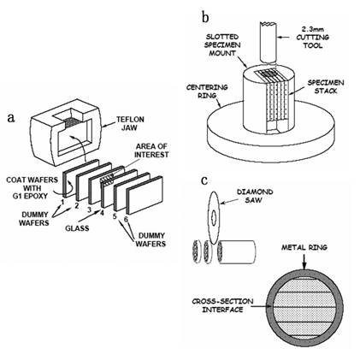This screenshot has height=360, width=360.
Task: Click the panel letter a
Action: (x=11, y=117)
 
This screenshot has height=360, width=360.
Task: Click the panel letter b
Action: (x=205, y=17)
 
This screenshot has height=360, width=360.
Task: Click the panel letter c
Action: (x=204, y=180)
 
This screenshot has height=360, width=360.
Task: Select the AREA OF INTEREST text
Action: (x=151, y=150)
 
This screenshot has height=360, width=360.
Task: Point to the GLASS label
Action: (x=77, y=228)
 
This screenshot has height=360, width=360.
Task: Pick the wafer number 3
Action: (x=89, y=210)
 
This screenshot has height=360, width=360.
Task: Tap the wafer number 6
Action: (x=127, y=220)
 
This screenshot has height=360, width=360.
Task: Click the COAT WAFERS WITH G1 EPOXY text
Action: (x=32, y=188)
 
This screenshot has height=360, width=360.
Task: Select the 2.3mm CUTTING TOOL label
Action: (x=312, y=38)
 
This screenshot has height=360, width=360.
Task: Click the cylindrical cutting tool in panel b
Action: (x=268, y=42)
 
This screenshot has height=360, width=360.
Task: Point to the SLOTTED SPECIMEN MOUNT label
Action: (x=223, y=44)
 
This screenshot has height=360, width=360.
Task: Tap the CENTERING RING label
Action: (x=207, y=91)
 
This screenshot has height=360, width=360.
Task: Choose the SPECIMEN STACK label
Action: (x=326, y=86)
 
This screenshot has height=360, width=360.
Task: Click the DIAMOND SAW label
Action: (x=255, y=196)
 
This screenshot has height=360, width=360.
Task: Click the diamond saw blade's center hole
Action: (x=214, y=218)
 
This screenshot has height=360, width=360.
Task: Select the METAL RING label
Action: (x=304, y=247)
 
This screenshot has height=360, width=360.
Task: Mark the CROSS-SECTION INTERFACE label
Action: (x=222, y=305)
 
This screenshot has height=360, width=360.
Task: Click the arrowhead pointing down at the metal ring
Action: (x=304, y=266)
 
